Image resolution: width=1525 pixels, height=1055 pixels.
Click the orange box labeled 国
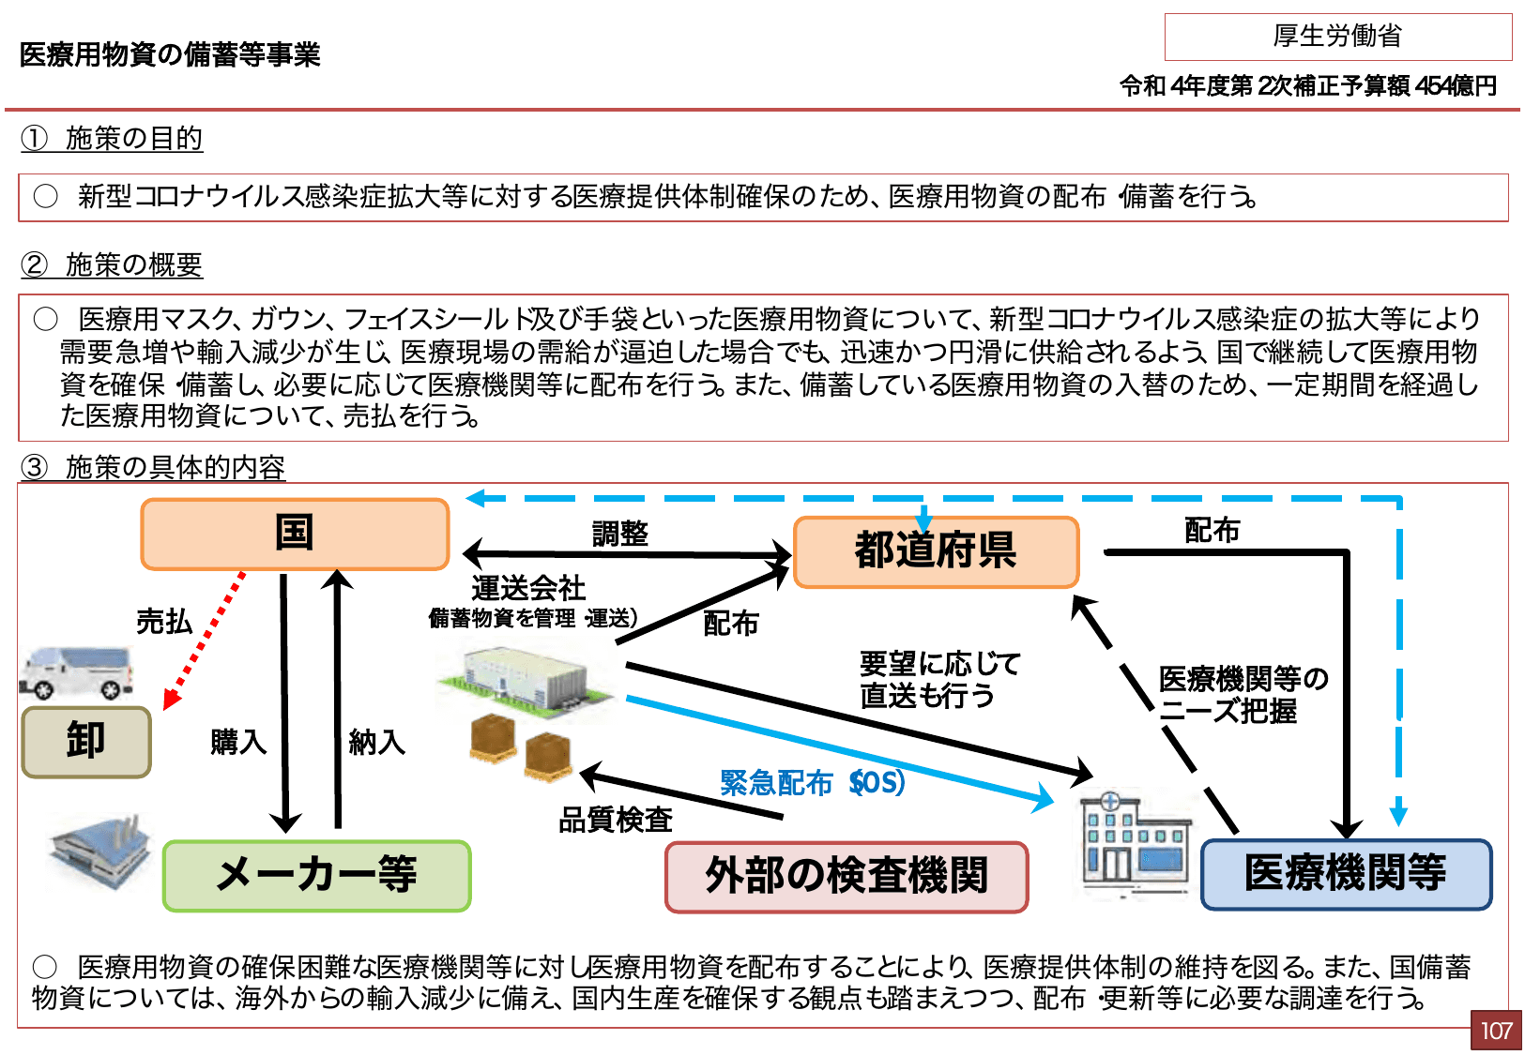pyautogui.click(x=295, y=534)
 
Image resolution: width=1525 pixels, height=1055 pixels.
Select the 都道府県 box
pyautogui.click(x=936, y=552)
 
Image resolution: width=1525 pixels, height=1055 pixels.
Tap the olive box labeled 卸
pyautogui.click(x=86, y=742)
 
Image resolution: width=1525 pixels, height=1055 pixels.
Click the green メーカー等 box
pyautogui.click(x=316, y=876)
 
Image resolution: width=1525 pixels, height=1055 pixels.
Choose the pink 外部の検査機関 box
pyautogui.click(x=846, y=877)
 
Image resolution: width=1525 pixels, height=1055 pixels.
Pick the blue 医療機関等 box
pyautogui.click(x=1346, y=874)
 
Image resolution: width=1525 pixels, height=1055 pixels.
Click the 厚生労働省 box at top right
pyautogui.click(x=1337, y=37)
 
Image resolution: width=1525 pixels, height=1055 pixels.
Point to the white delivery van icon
pyautogui.click(x=77, y=672)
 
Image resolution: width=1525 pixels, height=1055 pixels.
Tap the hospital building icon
pyautogui.click(x=1133, y=841)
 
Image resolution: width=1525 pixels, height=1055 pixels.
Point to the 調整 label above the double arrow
pyautogui.click(x=620, y=534)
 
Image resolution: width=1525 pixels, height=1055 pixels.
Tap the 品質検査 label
pyautogui.click(x=616, y=820)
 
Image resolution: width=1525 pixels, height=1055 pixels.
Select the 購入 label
pyautogui.click(x=238, y=742)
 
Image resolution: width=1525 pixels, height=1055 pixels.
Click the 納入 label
pyautogui.click(x=376, y=742)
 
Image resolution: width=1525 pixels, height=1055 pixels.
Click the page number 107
pyautogui.click(x=1496, y=1031)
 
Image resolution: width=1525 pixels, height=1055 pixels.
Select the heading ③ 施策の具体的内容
pyautogui.click(x=153, y=467)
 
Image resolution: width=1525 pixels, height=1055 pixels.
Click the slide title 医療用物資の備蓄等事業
pyautogui.click(x=170, y=54)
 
